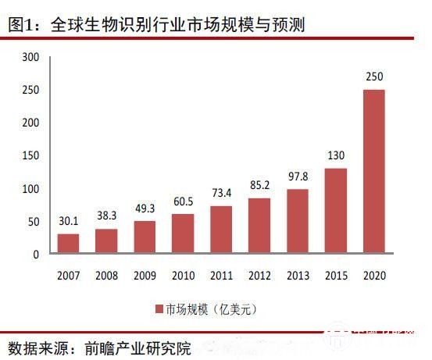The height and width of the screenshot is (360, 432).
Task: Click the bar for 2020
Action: (373, 172)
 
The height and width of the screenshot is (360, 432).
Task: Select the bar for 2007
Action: (69, 244)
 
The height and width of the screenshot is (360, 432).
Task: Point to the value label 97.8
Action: (297, 178)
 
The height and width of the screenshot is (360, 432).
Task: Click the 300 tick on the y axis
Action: (30, 58)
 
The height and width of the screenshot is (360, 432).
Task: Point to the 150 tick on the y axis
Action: (30, 156)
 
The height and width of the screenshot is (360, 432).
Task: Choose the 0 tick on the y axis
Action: (35, 255)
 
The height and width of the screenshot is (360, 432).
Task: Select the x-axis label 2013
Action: (297, 276)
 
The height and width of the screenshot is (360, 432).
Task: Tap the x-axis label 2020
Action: (373, 276)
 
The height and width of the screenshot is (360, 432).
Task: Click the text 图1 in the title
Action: (21, 26)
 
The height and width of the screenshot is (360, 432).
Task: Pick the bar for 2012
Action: (259, 226)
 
